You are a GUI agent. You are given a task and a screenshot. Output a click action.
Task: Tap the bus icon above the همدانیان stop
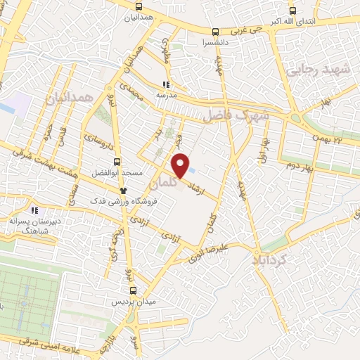(x=139, y=6)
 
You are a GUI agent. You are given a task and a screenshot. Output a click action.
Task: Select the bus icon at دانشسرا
(x=215, y=32)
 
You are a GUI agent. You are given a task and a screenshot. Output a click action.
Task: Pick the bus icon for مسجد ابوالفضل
(x=118, y=161)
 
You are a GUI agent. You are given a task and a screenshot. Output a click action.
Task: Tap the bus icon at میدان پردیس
(x=134, y=290)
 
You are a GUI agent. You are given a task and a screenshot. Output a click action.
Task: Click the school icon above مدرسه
(x=166, y=84)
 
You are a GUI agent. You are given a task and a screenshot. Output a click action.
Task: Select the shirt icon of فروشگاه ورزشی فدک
(x=123, y=191)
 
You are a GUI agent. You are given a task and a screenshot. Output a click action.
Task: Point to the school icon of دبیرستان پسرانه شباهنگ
(x=34, y=210)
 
